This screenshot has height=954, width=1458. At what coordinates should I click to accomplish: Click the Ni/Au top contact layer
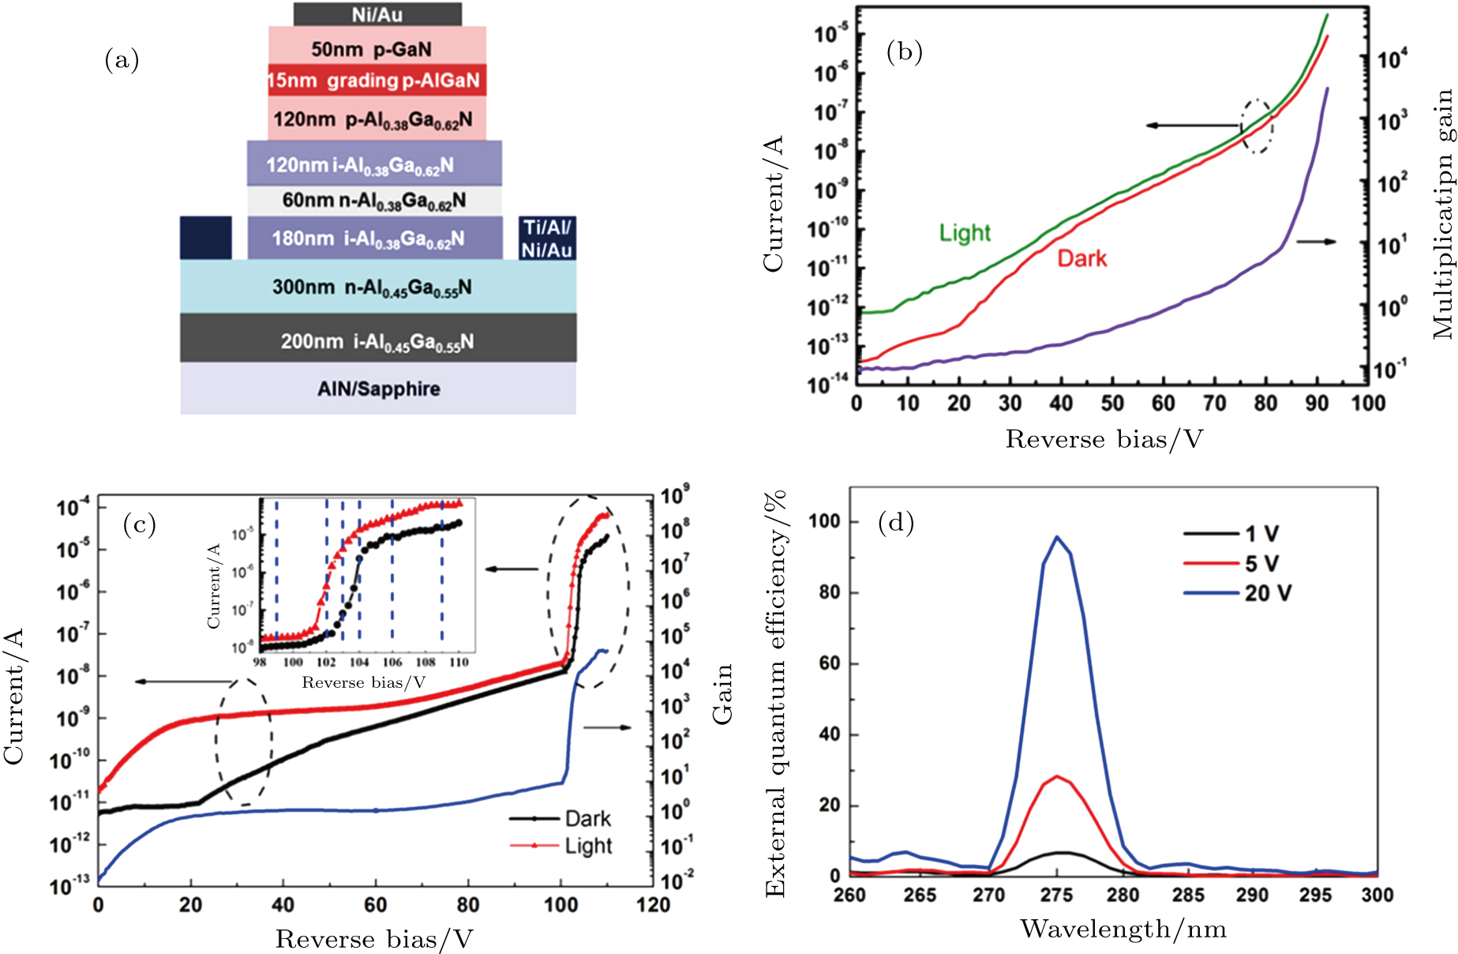[377, 14]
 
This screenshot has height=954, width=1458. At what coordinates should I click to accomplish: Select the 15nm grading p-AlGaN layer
[377, 81]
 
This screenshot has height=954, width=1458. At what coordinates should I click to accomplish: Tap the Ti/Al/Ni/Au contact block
[547, 238]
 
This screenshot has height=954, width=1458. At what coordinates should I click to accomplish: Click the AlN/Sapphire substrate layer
[378, 389]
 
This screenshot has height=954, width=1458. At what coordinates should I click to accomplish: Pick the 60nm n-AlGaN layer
[374, 201]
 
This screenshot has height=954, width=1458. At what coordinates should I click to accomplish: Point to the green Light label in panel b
[964, 233]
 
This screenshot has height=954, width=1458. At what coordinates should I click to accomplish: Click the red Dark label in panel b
[1081, 259]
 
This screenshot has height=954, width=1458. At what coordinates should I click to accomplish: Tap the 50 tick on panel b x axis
[1111, 404]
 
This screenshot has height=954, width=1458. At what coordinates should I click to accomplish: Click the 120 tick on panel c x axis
[653, 905]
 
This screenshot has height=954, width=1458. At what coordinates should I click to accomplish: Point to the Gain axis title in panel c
[722, 693]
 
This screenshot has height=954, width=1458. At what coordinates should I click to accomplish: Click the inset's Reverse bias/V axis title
[363, 683]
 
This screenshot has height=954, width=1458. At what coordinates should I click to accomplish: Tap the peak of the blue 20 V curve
[1057, 537]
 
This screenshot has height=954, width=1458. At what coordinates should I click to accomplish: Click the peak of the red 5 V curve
[1056, 776]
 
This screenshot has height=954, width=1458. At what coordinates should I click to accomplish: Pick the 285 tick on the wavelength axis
[1187, 896]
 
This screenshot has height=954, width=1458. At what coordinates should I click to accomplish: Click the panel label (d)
[896, 523]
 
